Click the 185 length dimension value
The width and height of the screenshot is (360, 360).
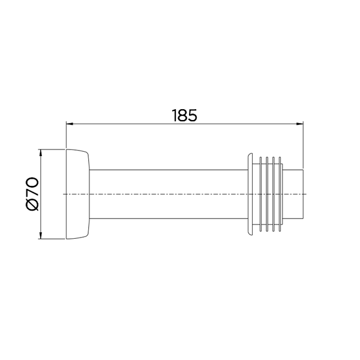pyautogui.click(x=184, y=115)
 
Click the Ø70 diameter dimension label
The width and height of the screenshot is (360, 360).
pyautogui.click(x=32, y=194)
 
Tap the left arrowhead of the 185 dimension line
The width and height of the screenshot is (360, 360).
pyautogui.click(x=70, y=124)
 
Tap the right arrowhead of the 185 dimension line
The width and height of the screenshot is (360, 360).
pyautogui.click(x=299, y=124)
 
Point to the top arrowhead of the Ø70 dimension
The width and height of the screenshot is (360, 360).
pyautogui.click(x=41, y=153)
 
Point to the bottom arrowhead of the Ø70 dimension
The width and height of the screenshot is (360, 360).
pyautogui.click(x=41, y=235)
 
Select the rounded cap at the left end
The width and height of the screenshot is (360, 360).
pyautogui.click(x=77, y=194)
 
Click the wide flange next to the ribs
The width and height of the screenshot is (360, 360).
pyautogui.click(x=250, y=194)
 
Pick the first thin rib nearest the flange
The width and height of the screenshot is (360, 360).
pyautogui.click(x=260, y=194)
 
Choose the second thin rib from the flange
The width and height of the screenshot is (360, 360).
pyautogui.click(x=267, y=194)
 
